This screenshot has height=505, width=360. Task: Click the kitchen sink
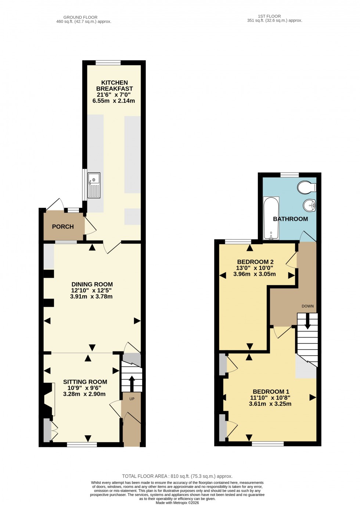pos(94,185)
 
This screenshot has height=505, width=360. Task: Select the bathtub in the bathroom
pos(271,218)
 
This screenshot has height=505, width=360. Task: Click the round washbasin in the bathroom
pos(309,205)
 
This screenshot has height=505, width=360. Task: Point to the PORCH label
pos(63,227)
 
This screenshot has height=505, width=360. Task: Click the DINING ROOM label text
pos(92,284)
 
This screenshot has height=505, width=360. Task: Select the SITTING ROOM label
pos(85,382)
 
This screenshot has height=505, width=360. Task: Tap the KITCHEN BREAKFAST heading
pos(114,86)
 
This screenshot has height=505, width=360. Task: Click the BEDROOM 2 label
pos(255,262)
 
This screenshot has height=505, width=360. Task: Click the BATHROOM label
pos(290,219)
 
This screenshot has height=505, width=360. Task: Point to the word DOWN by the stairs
pos(307,306)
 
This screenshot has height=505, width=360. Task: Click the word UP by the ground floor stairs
pos(132,399)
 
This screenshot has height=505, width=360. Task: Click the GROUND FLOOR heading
pos(80,17)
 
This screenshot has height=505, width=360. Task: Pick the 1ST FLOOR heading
pos(269,16)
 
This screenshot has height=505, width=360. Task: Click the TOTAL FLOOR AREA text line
pos(177,476)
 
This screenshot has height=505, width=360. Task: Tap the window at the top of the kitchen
pos(108,63)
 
